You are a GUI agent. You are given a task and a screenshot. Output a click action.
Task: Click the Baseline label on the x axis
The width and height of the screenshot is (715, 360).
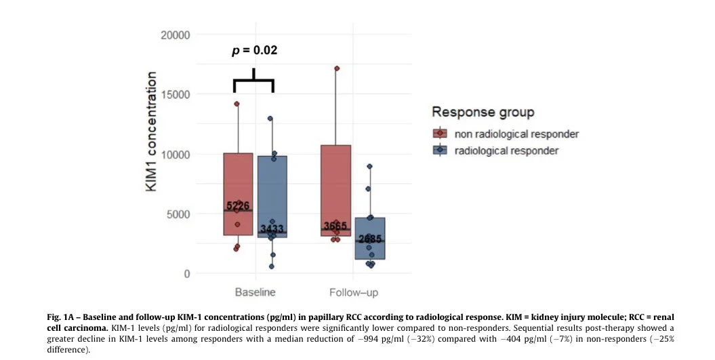pos(255,293)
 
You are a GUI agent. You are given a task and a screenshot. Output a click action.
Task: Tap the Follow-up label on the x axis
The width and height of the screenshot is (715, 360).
pos(354,293)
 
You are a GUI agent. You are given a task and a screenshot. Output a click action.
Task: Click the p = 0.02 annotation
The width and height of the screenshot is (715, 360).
pos(255,50)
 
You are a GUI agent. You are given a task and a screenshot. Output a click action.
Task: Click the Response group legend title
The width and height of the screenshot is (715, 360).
pos(483,112)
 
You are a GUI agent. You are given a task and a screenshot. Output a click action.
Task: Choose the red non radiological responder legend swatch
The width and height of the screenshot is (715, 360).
pos(441,134)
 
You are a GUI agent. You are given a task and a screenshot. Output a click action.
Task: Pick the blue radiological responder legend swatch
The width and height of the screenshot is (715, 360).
pos(441,151)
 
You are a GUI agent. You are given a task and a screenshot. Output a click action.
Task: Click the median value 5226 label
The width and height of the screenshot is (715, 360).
pos(238,206)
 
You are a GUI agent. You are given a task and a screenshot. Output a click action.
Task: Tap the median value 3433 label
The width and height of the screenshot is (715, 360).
pos(271,229)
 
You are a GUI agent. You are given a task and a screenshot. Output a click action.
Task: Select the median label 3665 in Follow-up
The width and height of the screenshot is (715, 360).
pos(335,226)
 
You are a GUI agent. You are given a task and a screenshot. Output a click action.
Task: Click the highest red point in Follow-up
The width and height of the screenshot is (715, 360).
pos(337,68)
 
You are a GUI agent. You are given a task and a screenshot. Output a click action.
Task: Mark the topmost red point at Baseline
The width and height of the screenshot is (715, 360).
pos(237,104)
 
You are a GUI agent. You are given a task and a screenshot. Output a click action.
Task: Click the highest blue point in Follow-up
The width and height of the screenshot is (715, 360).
pos(369,166)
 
